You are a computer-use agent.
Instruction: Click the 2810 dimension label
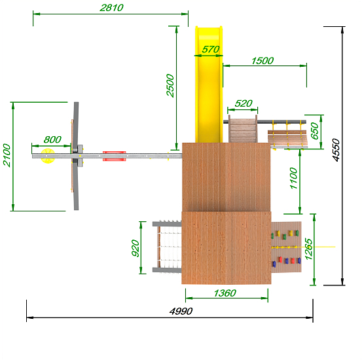tap(111, 8)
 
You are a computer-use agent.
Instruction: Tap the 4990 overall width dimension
tap(181, 312)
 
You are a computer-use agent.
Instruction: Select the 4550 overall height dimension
tap(336, 150)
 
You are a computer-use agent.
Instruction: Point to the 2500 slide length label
tap(170, 85)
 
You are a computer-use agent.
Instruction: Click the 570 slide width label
tap(210, 49)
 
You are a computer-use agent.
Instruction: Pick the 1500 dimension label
tap(262, 61)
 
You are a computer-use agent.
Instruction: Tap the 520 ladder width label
tap(244, 103)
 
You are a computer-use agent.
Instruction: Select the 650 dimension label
tap(314, 131)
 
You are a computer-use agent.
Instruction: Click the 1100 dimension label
tap(293, 178)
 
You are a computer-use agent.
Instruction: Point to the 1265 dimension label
tap(308, 249)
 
